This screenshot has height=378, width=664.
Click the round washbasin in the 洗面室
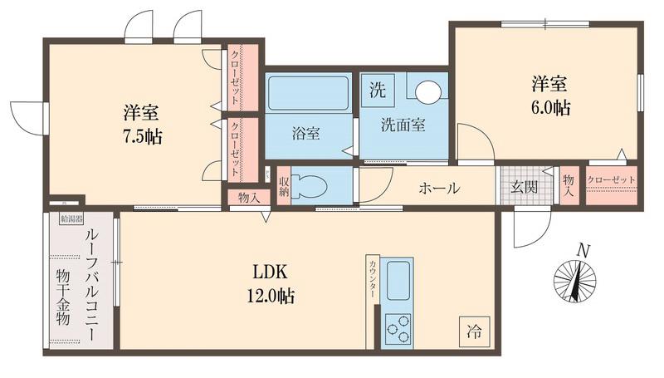429,91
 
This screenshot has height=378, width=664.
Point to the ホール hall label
439,188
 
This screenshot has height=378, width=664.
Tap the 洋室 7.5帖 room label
143,125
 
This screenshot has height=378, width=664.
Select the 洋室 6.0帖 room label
549,95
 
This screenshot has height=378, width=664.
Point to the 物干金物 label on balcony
62,297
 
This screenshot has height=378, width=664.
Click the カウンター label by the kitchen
373,279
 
